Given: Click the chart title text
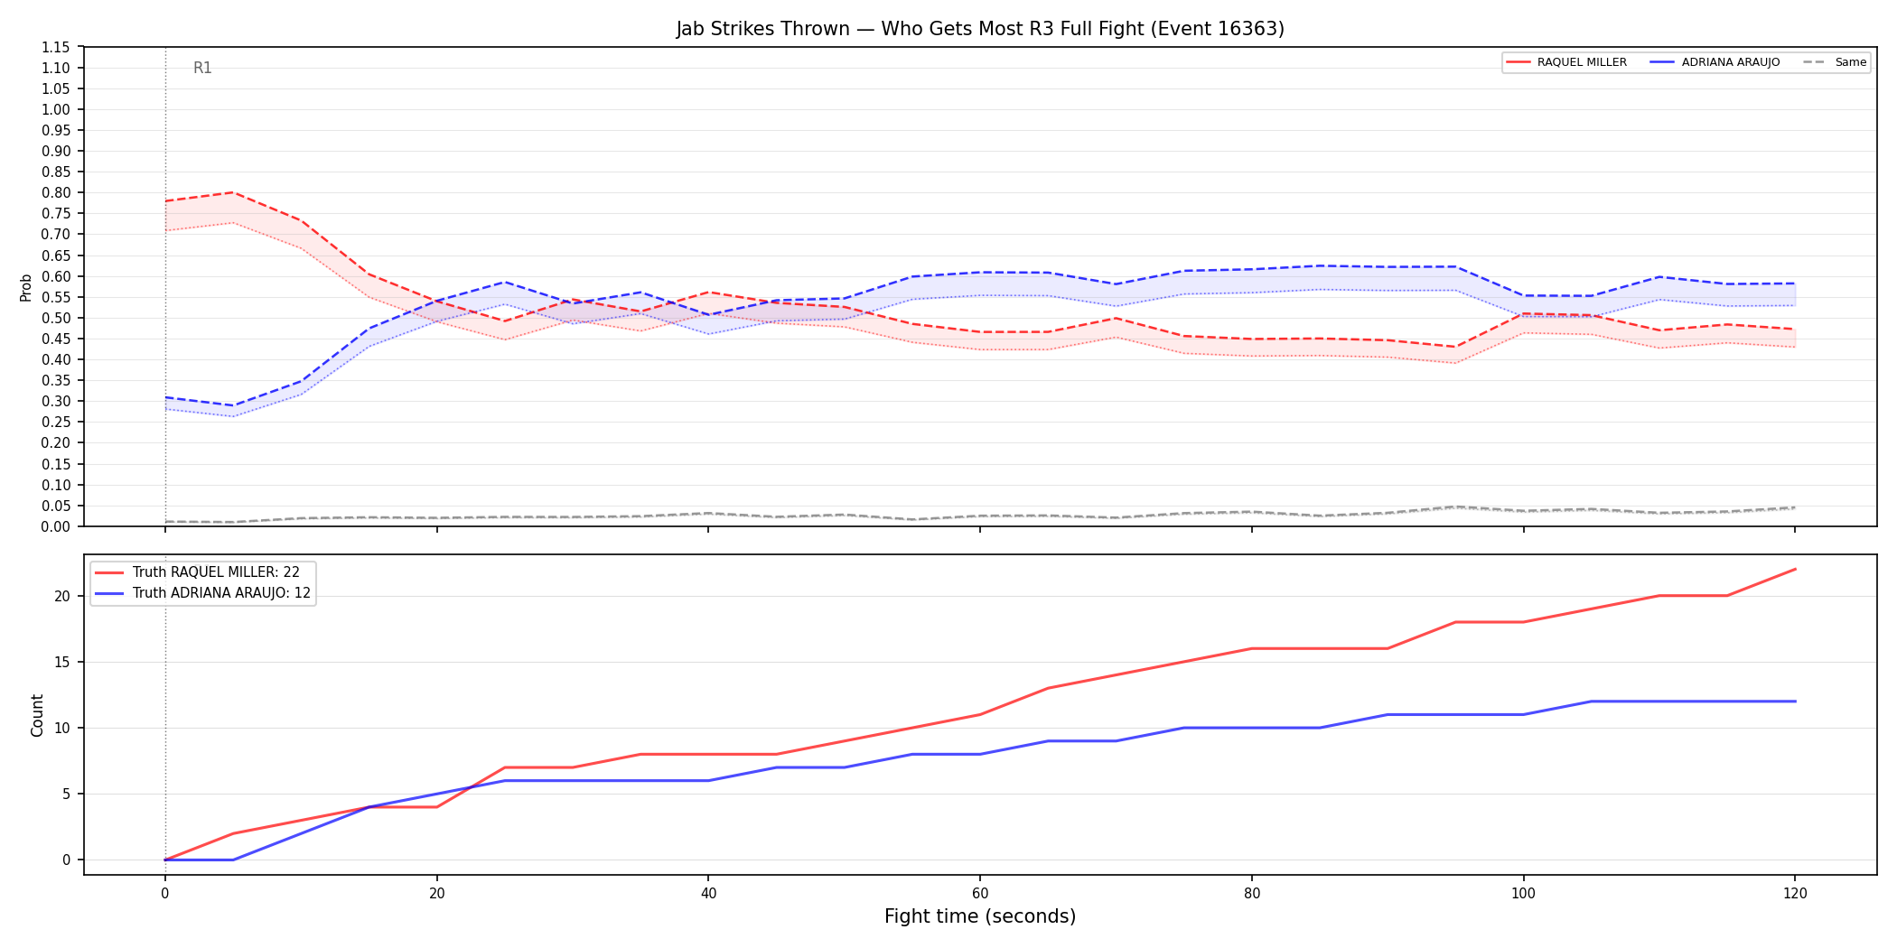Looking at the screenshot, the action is click(980, 29).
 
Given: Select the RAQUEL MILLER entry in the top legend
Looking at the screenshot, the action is click(1567, 62).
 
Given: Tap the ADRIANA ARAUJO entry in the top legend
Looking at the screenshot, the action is click(1715, 62).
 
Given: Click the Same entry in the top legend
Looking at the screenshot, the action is click(1835, 62).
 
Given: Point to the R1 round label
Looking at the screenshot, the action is click(202, 68).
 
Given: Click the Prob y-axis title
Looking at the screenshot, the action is click(25, 287).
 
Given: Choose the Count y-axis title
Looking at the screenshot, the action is click(37, 715).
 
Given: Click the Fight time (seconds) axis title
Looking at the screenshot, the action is click(980, 916).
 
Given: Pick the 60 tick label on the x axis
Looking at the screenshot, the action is click(980, 894).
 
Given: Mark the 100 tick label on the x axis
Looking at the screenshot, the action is click(1523, 894).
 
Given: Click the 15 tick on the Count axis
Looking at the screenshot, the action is click(62, 662).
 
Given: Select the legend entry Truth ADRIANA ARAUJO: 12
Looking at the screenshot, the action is click(202, 593).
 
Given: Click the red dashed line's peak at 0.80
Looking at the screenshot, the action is click(233, 192).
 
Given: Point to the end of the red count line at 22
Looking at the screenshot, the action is click(1795, 569).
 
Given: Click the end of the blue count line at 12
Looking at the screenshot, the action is click(1795, 702).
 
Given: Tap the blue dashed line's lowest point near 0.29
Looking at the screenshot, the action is click(233, 405).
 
